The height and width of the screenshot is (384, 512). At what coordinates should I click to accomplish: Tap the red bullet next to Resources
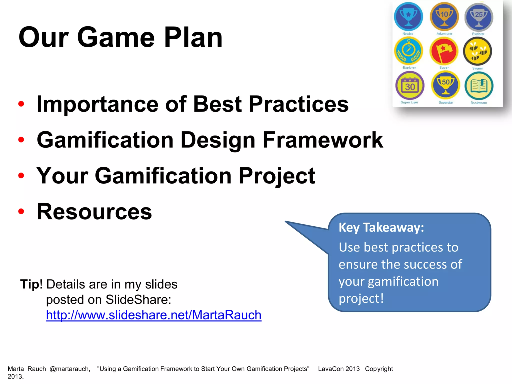(21, 211)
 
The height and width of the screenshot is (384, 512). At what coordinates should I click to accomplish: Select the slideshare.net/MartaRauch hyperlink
(153, 315)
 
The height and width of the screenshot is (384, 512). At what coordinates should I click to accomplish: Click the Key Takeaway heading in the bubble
(381, 227)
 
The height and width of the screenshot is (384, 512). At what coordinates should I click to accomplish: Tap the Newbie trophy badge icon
(408, 16)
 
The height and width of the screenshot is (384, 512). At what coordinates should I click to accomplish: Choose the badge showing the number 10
(444, 16)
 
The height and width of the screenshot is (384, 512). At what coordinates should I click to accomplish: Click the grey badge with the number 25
(478, 17)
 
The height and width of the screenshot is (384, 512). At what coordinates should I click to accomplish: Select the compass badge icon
(408, 51)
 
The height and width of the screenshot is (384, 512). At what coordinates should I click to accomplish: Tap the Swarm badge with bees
(477, 51)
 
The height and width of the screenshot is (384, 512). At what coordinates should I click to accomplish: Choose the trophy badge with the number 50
(445, 85)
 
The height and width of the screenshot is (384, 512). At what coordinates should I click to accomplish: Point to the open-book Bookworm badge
(479, 86)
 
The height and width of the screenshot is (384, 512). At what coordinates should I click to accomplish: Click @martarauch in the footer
(70, 369)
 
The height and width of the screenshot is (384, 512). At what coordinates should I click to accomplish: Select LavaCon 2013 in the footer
(339, 369)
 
